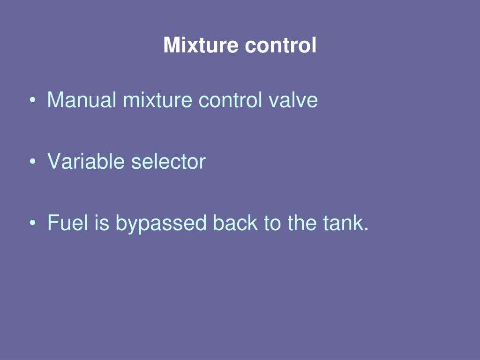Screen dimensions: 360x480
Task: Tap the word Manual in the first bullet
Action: click(x=82, y=100)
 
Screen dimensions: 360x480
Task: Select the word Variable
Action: click(x=87, y=162)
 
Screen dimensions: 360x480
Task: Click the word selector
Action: click(x=168, y=162)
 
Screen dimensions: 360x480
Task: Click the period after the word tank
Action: click(x=366, y=229)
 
